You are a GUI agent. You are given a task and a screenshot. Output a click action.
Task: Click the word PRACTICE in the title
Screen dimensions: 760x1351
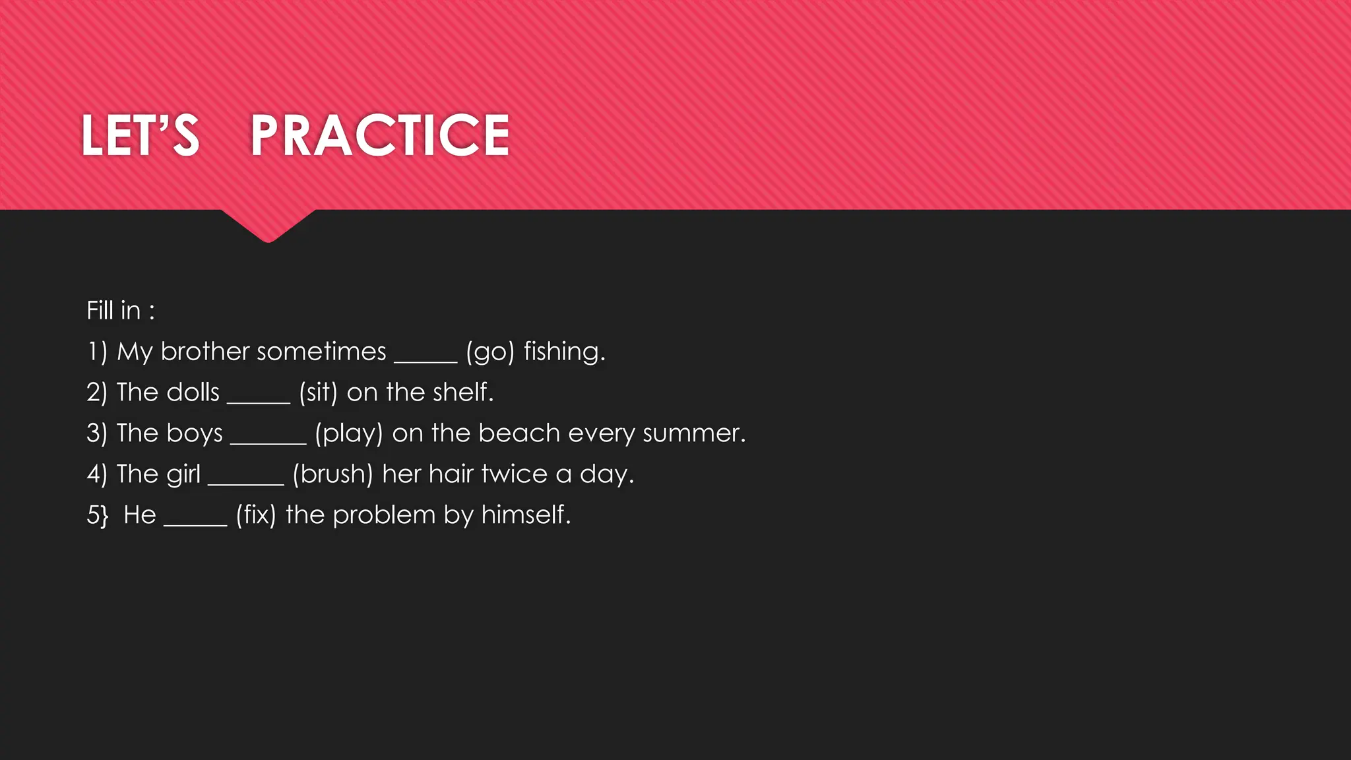point(379,135)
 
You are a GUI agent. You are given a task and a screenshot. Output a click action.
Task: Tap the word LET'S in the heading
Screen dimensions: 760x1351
point(140,135)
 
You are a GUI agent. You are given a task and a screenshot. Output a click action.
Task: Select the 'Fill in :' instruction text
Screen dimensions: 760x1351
point(121,310)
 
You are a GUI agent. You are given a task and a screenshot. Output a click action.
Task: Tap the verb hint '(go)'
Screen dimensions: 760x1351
point(489,352)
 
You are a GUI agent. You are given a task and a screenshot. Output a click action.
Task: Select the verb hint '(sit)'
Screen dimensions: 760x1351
point(318,393)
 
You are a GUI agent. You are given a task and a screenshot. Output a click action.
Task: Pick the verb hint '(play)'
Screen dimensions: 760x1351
point(349,433)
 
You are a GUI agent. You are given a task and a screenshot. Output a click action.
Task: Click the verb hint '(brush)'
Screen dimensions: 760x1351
point(333,474)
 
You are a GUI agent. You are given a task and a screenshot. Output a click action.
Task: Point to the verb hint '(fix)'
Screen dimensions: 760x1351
point(257,515)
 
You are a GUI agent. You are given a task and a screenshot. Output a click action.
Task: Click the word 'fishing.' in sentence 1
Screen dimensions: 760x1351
point(564,352)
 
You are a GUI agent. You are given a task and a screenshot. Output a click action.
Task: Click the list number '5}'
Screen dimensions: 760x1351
point(97,515)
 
